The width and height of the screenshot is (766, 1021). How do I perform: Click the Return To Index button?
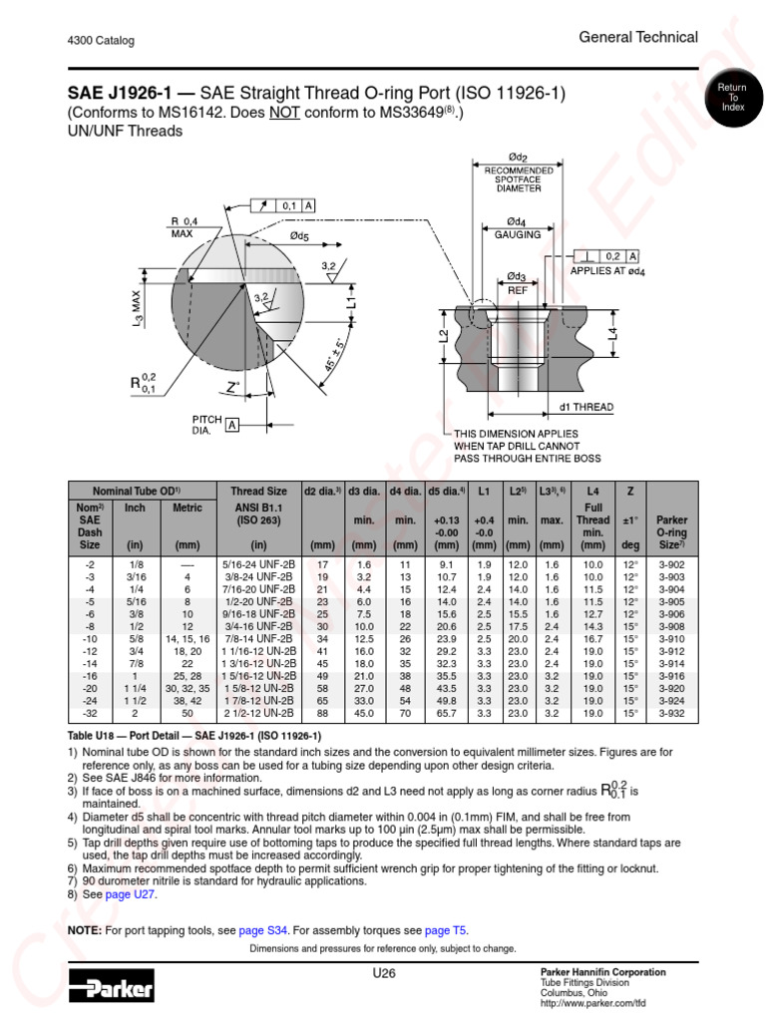click(733, 98)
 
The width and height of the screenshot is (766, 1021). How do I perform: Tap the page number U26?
click(384, 973)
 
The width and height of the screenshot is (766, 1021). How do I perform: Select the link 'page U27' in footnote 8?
click(131, 896)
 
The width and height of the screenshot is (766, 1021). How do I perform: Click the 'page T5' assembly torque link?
click(446, 930)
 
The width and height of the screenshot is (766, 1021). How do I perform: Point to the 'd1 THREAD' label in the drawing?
click(586, 407)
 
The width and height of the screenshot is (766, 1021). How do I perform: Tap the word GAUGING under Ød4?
click(518, 234)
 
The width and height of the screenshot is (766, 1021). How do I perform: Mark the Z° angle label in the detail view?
click(233, 386)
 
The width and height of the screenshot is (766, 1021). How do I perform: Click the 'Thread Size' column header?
click(258, 491)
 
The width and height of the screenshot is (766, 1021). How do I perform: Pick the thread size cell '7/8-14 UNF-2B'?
click(258, 638)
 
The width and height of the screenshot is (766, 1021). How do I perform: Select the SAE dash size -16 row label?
click(90, 676)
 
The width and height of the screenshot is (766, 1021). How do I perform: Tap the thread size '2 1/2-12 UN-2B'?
click(258, 714)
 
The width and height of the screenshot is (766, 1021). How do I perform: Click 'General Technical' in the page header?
click(638, 37)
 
